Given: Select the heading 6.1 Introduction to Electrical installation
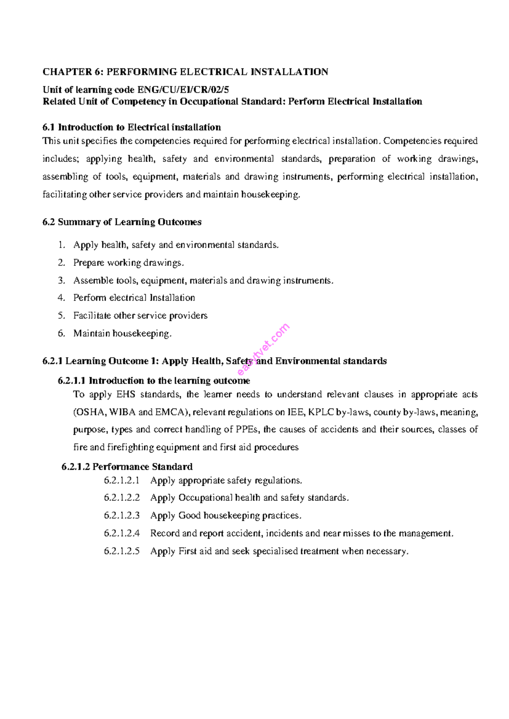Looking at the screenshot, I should point(132,127).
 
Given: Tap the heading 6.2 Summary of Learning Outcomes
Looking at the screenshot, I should point(122,222).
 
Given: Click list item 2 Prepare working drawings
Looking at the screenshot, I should point(129,263).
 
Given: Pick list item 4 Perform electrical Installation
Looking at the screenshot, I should point(134,298).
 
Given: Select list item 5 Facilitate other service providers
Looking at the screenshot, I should point(140,316).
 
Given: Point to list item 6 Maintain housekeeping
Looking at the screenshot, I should point(122,334).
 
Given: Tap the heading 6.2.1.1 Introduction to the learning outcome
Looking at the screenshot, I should point(154,381).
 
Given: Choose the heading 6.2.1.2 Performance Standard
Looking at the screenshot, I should point(127,467).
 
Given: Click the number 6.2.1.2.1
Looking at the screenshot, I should point(122,481).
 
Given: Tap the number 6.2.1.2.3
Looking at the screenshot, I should point(122,516).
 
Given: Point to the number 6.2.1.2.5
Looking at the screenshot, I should point(122,552).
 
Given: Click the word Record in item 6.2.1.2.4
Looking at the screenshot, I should point(165,534).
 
